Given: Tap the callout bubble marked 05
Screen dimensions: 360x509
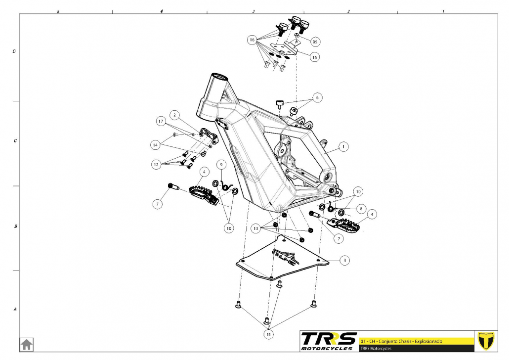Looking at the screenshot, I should click(x=315, y=42).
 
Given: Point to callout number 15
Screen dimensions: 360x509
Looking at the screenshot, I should click(x=314, y=57).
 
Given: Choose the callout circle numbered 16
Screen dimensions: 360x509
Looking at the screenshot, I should click(x=252, y=39).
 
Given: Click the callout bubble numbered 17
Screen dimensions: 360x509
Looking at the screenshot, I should click(x=161, y=121).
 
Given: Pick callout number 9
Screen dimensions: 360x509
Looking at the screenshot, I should click(x=221, y=164).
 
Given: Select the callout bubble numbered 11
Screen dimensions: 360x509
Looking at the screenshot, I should click(x=269, y=334).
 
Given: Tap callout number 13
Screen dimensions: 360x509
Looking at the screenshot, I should click(x=255, y=228).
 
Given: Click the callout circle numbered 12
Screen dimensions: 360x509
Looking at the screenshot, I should click(x=157, y=164).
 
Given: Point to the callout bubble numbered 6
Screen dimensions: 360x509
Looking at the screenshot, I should click(x=317, y=98).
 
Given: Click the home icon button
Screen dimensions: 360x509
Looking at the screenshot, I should click(x=26, y=344).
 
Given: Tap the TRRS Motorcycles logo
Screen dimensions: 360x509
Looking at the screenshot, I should click(x=329, y=340).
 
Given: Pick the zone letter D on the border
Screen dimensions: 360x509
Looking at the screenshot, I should click(x=14, y=51).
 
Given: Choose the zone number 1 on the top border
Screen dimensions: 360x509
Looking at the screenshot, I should click(x=443, y=10).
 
